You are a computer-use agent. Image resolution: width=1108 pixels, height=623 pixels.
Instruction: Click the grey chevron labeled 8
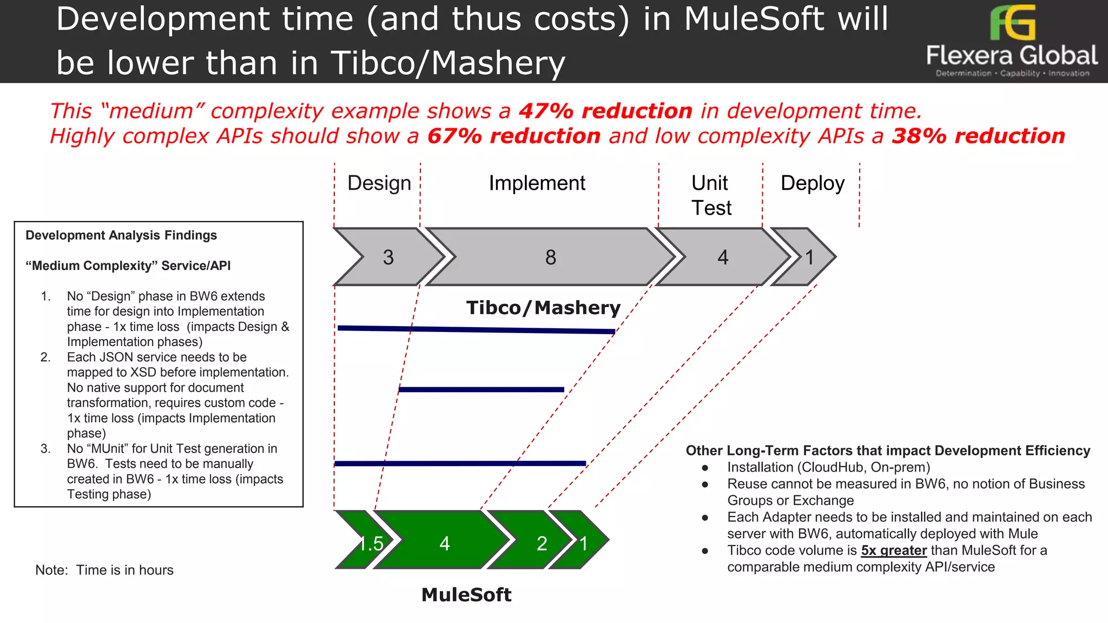point(550,257)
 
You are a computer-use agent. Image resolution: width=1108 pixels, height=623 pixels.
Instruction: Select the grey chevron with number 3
point(388,257)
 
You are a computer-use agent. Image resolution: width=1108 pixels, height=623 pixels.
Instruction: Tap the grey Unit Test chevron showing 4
point(723,257)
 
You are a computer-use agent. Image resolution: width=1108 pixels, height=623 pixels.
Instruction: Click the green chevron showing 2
point(542,542)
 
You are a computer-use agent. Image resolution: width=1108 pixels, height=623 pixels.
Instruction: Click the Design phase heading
point(379,183)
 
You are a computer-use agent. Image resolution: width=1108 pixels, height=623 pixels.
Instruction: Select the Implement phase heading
point(537,183)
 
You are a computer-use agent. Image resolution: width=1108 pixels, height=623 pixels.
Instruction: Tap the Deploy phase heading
point(812,183)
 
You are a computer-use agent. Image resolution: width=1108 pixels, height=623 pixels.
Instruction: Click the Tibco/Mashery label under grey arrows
point(543,308)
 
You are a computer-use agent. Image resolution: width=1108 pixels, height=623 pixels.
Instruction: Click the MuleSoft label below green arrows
point(466,594)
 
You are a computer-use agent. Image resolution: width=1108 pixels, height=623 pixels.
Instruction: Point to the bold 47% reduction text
point(605,111)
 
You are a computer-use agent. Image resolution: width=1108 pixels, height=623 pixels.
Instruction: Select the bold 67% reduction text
point(514,136)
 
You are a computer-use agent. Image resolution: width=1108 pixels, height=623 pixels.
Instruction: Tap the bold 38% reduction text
point(978,136)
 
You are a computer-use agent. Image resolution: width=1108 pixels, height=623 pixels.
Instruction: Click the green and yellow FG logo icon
point(1012,22)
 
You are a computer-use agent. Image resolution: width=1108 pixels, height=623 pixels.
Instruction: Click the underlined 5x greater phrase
point(894,551)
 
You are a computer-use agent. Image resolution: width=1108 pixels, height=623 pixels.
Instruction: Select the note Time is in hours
point(104,570)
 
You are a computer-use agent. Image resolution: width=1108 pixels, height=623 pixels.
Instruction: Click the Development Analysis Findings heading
point(121,235)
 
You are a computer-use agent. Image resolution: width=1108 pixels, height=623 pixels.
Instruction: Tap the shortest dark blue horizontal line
point(481,389)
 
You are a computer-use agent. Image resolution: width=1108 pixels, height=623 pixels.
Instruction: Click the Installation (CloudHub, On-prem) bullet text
point(828,467)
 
